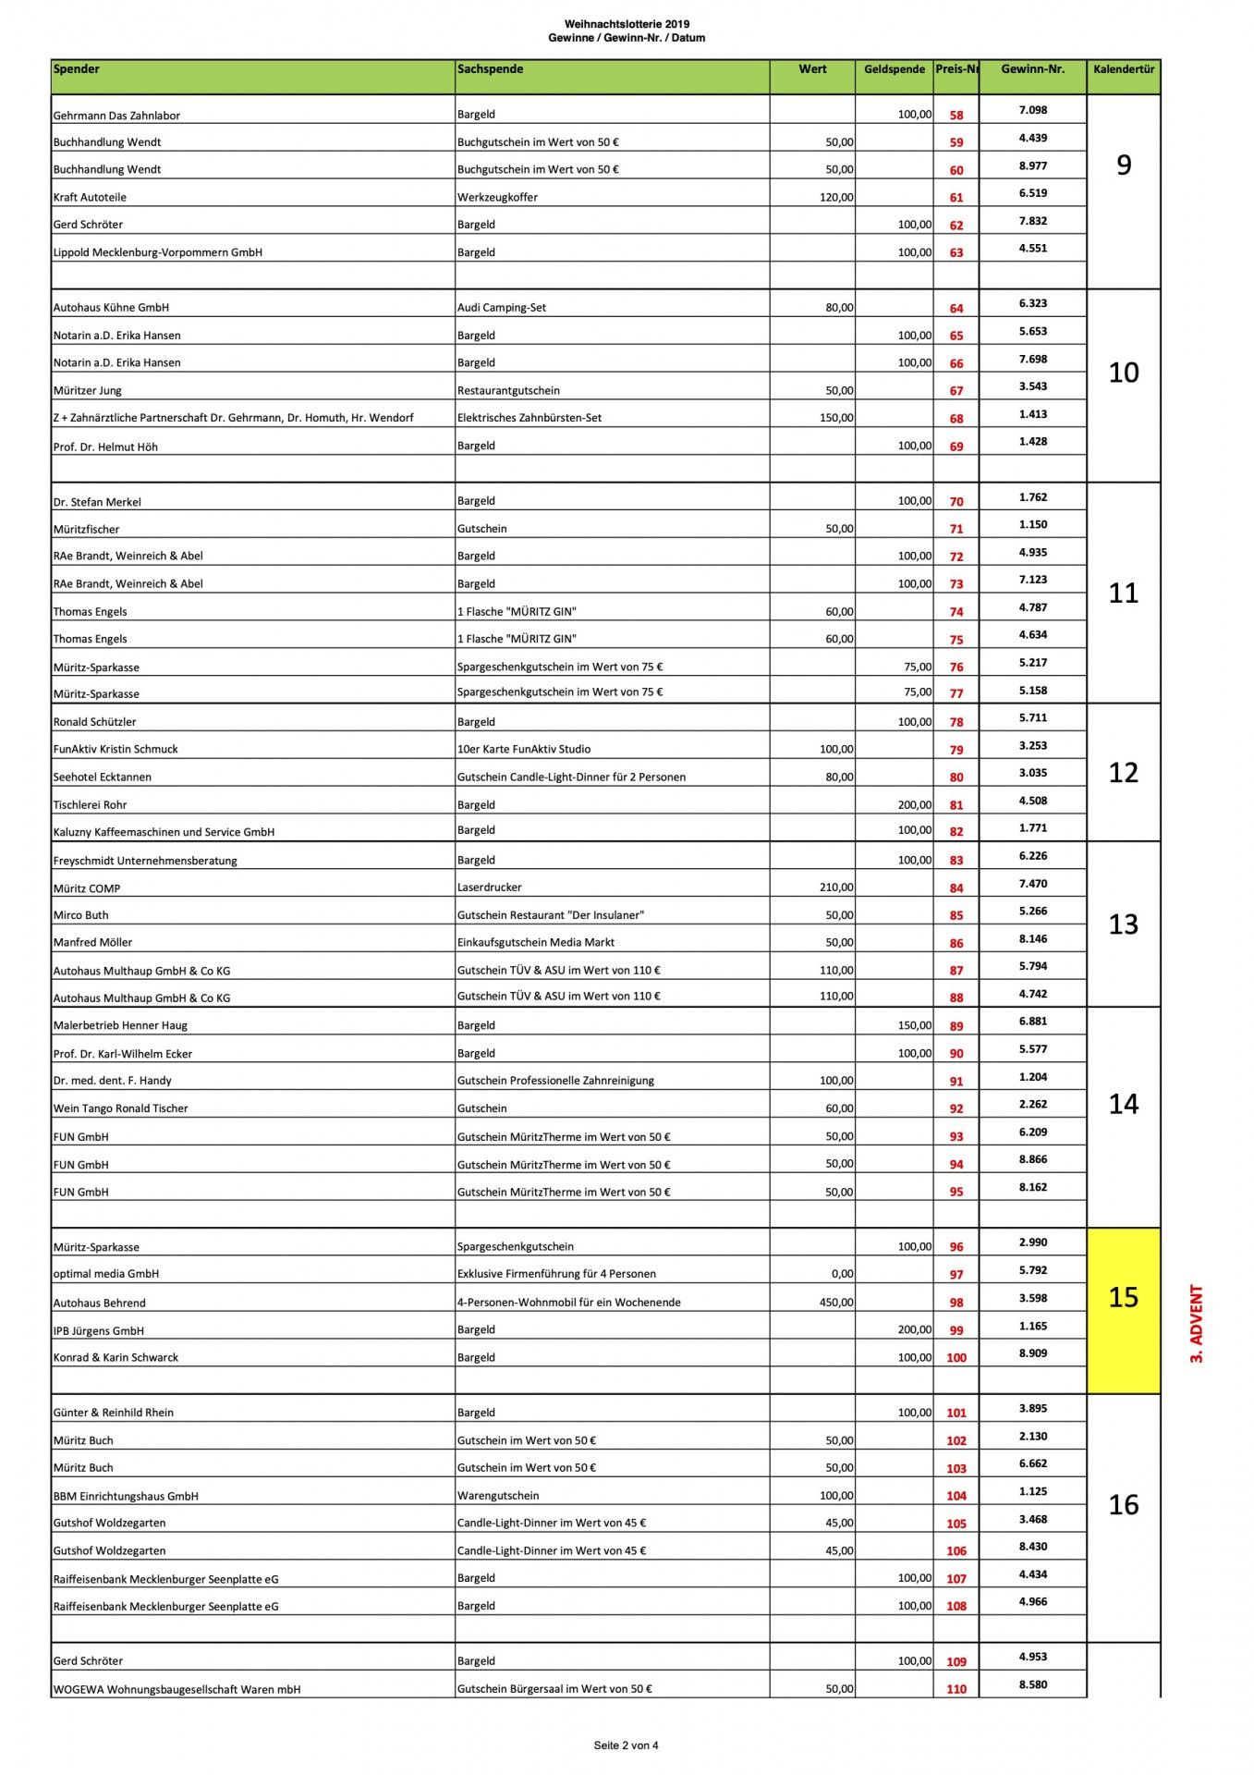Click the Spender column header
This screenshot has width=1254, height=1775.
[77, 69]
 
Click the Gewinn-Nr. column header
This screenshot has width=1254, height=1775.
[1032, 69]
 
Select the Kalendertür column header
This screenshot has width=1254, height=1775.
[1124, 69]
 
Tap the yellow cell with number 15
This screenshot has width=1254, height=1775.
[1124, 1297]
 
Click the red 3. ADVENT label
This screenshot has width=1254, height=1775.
[1197, 1324]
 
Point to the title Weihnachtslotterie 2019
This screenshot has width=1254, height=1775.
[627, 24]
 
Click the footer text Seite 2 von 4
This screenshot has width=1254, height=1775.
[626, 1745]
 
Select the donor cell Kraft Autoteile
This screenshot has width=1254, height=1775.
[90, 197]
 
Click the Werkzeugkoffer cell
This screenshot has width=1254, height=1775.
[497, 197]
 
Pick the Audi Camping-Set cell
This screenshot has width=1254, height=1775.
[502, 308]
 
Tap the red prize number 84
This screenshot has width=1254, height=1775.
[956, 888]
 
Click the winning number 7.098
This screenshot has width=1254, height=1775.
[1033, 110]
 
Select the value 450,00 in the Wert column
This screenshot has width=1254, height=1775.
[836, 1303]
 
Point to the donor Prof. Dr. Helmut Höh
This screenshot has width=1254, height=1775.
[105, 447]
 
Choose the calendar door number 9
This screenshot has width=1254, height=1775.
[1124, 165]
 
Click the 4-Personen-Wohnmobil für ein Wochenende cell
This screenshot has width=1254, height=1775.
[568, 1303]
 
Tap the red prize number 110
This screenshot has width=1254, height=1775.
[956, 1689]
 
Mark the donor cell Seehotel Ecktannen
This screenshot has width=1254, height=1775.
[103, 777]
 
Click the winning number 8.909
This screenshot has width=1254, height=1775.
[1033, 1353]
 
